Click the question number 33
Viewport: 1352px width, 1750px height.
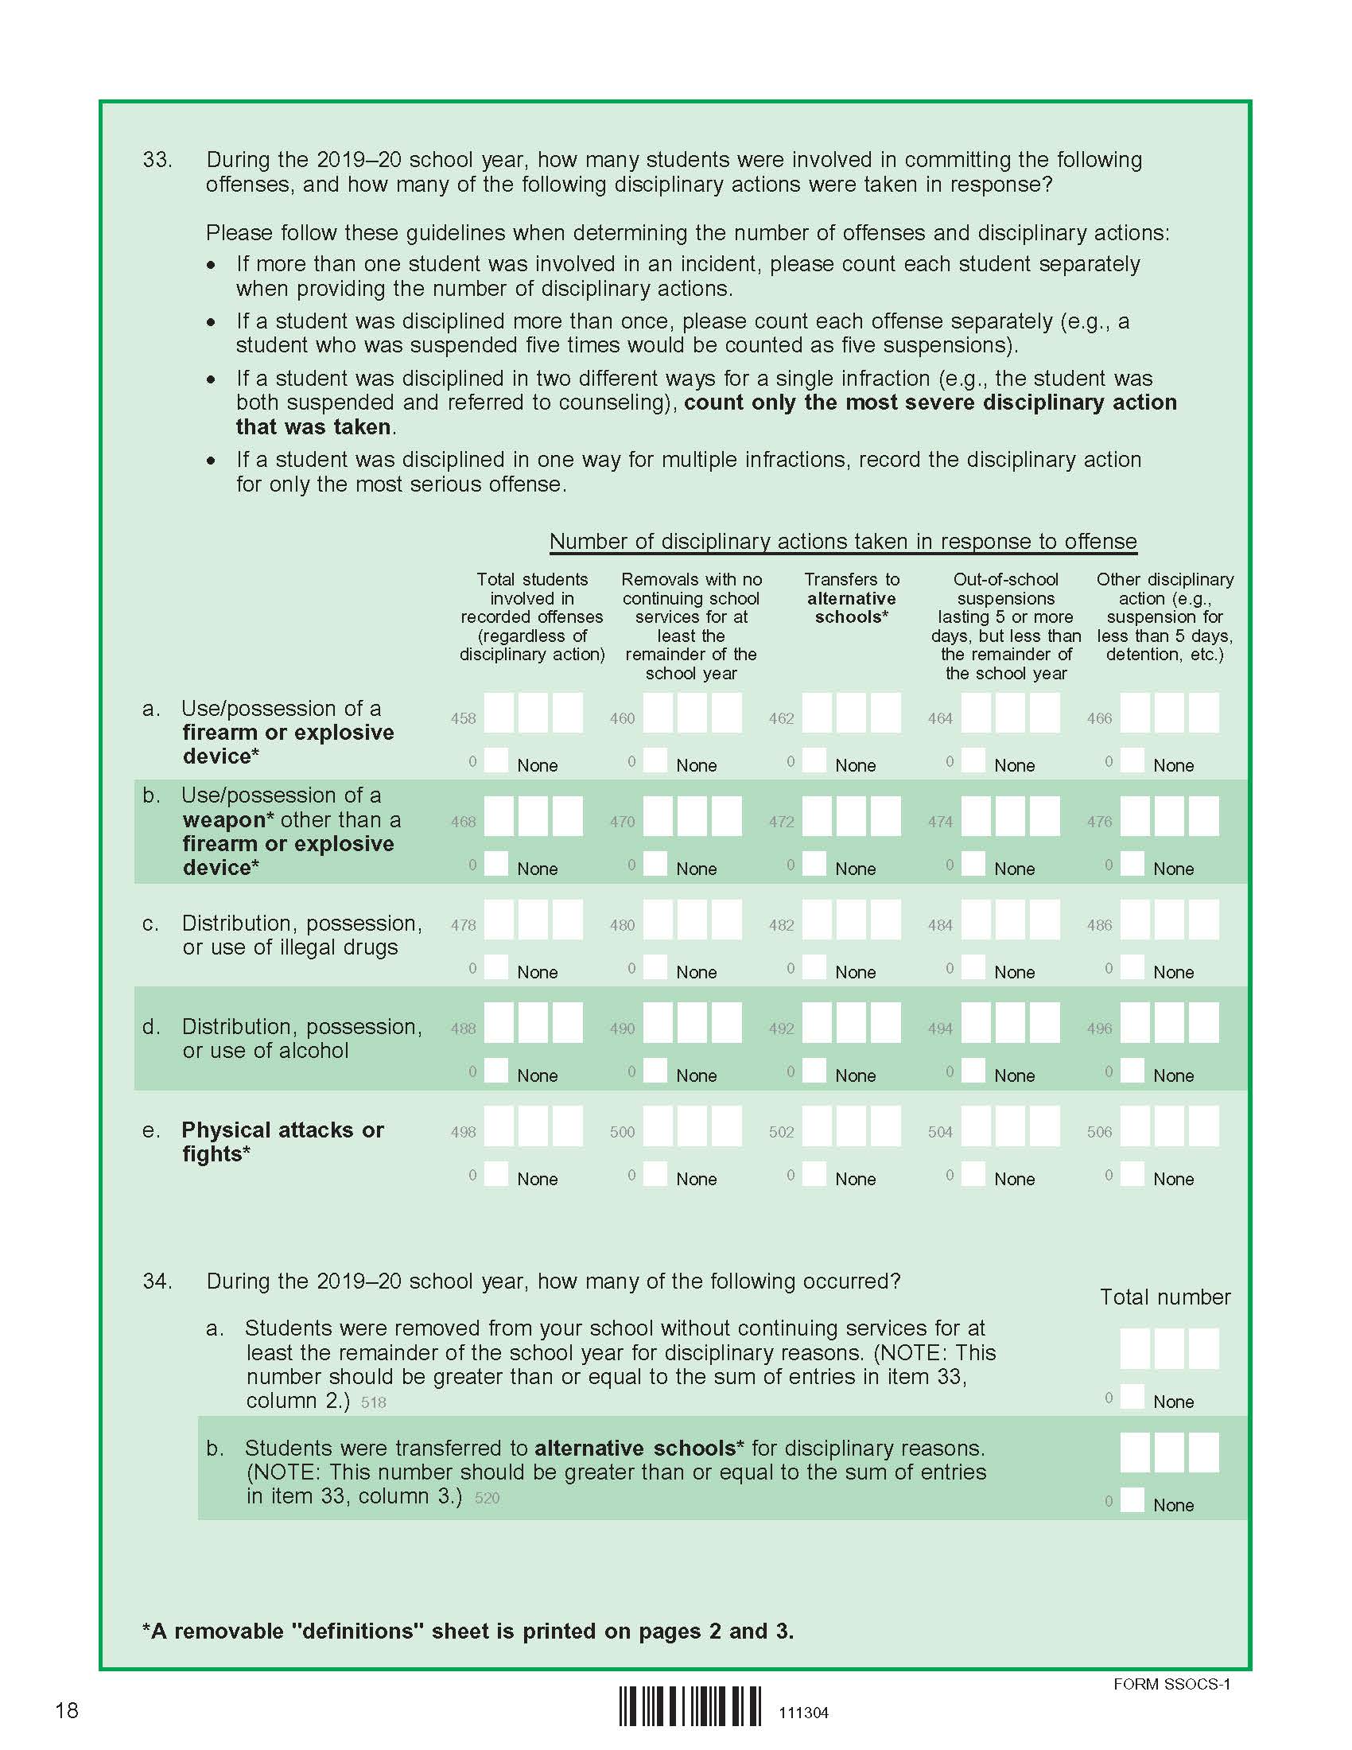pos(157,159)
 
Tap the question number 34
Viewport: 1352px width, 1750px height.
pos(157,1281)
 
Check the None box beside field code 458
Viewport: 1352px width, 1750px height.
pos(496,760)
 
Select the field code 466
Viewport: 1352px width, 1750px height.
pos(1099,719)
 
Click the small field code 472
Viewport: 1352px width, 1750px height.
pos(781,822)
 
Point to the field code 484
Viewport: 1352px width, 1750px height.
pos(940,924)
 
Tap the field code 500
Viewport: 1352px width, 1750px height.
pos(623,1131)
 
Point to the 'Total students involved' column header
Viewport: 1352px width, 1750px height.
pos(532,616)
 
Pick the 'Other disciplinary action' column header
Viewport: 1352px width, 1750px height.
pos(1164,616)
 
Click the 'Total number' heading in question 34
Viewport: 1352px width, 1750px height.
pos(1164,1297)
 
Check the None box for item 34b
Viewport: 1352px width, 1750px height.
pos(1132,1499)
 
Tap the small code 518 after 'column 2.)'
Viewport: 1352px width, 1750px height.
pos(373,1402)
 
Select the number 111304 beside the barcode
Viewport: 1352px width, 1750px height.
pos(803,1713)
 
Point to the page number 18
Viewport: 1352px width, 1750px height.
pos(67,1711)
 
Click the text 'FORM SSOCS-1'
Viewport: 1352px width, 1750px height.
pos(1171,1683)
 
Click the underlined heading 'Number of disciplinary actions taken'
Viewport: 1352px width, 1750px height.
pos(842,542)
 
